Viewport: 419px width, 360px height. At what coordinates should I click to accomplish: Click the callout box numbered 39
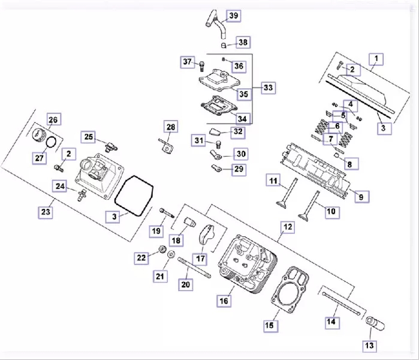pos(234,16)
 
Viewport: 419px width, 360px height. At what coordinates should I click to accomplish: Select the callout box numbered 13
pos(369,346)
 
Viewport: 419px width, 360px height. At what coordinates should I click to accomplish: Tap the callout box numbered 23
pos(46,212)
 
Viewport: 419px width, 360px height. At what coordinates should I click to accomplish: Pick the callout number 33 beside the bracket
pos(269,88)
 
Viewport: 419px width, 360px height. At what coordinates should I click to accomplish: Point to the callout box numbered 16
pos(224,301)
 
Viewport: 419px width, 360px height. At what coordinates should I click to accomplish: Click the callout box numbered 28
pos(171,127)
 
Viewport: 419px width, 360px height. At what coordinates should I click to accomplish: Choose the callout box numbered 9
pos(361,197)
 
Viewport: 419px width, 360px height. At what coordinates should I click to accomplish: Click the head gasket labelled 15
pos(290,289)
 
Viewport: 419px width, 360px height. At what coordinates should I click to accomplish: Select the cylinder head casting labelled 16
pos(248,263)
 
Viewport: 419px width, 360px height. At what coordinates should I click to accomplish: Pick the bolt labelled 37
pos(202,66)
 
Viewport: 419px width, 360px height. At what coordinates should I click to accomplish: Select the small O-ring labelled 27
pos(51,143)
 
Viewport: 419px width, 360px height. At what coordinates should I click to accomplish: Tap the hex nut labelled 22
pos(162,249)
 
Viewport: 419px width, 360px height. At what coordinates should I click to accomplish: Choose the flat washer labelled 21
pos(171,254)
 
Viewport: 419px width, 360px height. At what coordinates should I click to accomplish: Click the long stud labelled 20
pos(194,268)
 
